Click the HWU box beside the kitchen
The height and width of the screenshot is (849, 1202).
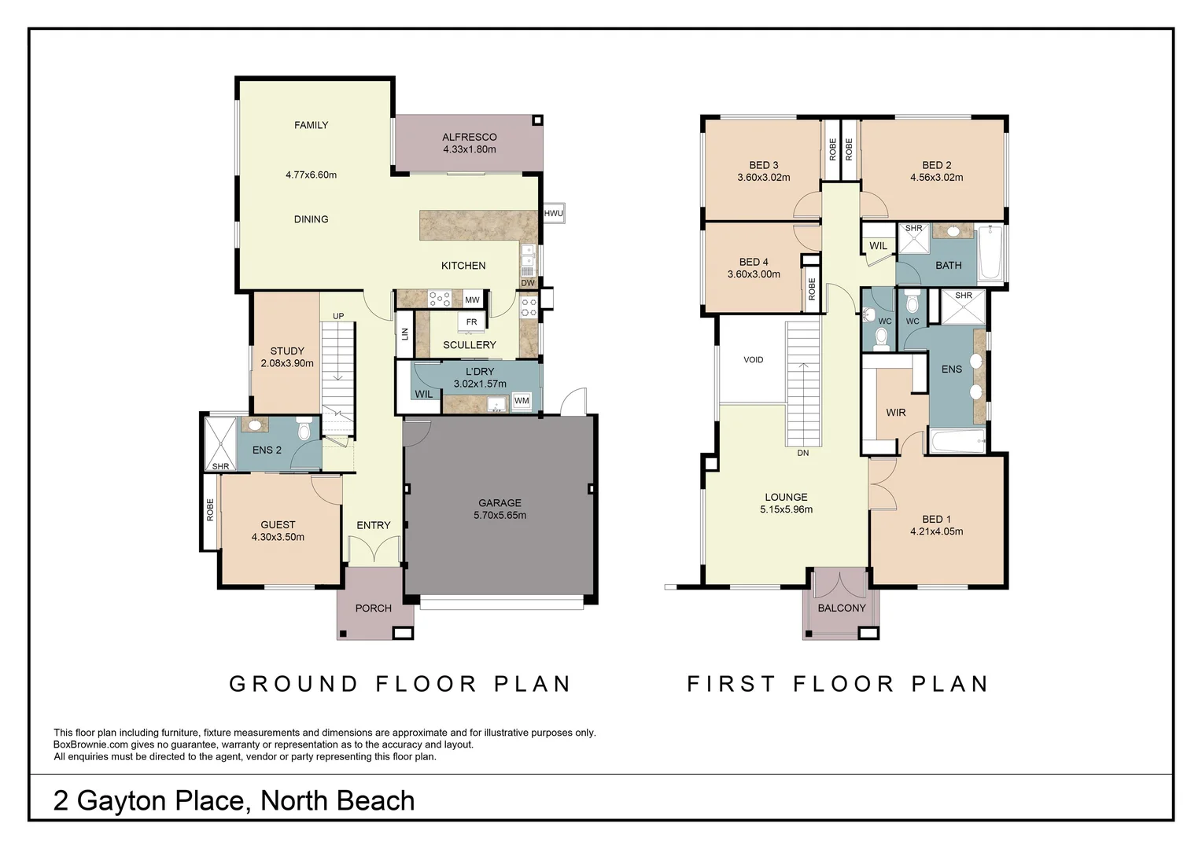554,213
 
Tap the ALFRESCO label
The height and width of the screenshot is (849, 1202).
470,138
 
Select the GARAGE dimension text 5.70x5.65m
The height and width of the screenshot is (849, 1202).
500,516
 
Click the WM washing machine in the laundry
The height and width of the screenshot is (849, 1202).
522,401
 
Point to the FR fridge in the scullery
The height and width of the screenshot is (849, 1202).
472,322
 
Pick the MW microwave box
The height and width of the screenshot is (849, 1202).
472,300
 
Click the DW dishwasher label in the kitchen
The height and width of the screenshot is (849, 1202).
528,283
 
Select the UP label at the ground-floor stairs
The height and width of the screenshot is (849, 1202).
338,316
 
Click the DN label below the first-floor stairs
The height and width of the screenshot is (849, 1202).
802,453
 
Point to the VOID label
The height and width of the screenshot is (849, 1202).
754,359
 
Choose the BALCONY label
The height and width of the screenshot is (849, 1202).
842,608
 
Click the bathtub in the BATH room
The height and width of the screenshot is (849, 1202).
990,254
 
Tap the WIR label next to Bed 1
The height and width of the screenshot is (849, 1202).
895,413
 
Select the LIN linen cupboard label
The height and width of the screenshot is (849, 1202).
405,334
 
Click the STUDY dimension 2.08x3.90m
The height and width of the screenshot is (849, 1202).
287,363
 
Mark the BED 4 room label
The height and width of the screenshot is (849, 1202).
754,262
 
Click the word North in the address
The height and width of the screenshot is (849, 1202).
293,801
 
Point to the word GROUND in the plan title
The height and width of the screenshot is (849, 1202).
293,684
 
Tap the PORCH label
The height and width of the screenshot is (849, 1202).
374,608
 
